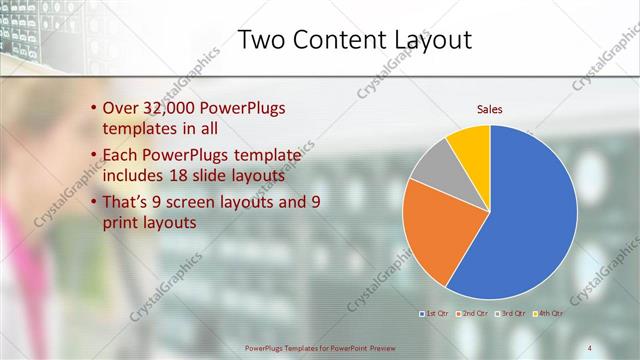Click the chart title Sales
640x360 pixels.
[489, 109]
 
